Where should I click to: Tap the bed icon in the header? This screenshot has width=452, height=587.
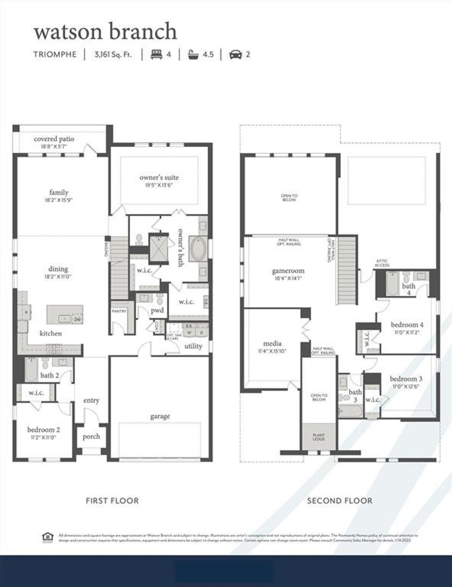coord(156,54)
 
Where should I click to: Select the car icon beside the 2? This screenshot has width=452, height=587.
coord(235,54)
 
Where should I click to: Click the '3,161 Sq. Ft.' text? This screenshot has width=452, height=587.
coord(113,54)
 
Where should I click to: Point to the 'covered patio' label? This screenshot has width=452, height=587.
coord(54,139)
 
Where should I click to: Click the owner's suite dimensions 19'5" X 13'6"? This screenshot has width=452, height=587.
coord(159,185)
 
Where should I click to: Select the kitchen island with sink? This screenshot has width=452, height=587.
coord(65,314)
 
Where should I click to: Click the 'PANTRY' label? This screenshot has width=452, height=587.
coord(119,311)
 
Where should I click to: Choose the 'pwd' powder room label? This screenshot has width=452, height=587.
coord(157,310)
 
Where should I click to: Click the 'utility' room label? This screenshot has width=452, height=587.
coord(193,346)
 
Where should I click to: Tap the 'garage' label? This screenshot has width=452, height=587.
coord(160,416)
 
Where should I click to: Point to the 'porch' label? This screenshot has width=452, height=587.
coord(91,436)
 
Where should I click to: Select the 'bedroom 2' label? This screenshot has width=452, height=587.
coord(43,430)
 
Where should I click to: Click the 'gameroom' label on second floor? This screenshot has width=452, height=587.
coord(288,271)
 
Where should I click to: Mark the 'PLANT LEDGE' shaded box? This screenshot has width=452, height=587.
coord(319,437)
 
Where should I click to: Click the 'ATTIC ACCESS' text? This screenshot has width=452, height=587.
coord(382,263)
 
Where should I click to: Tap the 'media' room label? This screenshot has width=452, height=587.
coord(272,343)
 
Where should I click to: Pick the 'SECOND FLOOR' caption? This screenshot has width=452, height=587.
coord(339,501)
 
